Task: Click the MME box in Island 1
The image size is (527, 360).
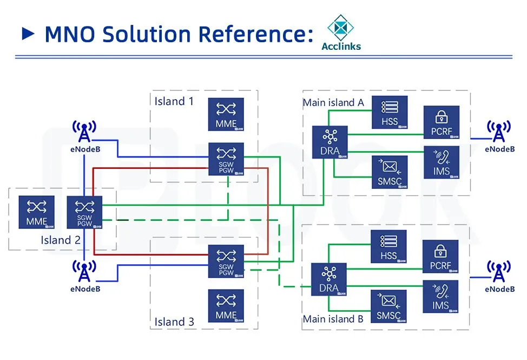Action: (226, 114)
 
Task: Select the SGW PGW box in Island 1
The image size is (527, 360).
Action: (226, 159)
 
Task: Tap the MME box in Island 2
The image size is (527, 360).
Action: (36, 212)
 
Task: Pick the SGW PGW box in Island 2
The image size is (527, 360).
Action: (84, 212)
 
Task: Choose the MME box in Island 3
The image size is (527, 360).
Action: (226, 306)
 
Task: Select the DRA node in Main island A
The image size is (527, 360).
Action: (330, 142)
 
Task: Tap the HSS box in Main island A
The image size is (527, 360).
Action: (389, 112)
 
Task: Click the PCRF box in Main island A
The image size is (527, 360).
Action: (441, 122)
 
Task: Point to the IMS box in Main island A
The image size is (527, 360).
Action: (441, 162)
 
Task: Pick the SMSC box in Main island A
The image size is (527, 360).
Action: (389, 172)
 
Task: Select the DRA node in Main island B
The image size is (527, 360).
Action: (328, 279)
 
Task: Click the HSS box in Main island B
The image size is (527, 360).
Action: (388, 246)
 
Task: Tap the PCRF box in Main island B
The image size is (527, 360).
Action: (440, 257)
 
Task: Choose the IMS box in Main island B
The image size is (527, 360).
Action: (440, 296)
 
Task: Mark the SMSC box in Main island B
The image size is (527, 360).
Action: (388, 306)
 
